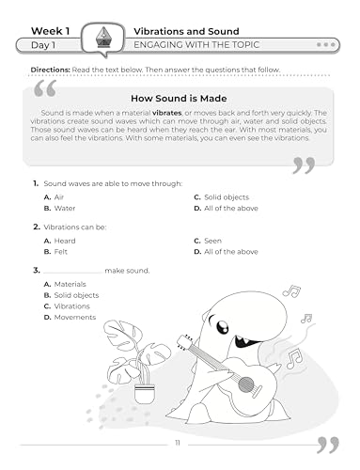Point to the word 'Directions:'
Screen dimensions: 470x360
51,70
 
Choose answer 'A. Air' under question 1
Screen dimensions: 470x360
54,196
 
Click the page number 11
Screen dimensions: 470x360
179,442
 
